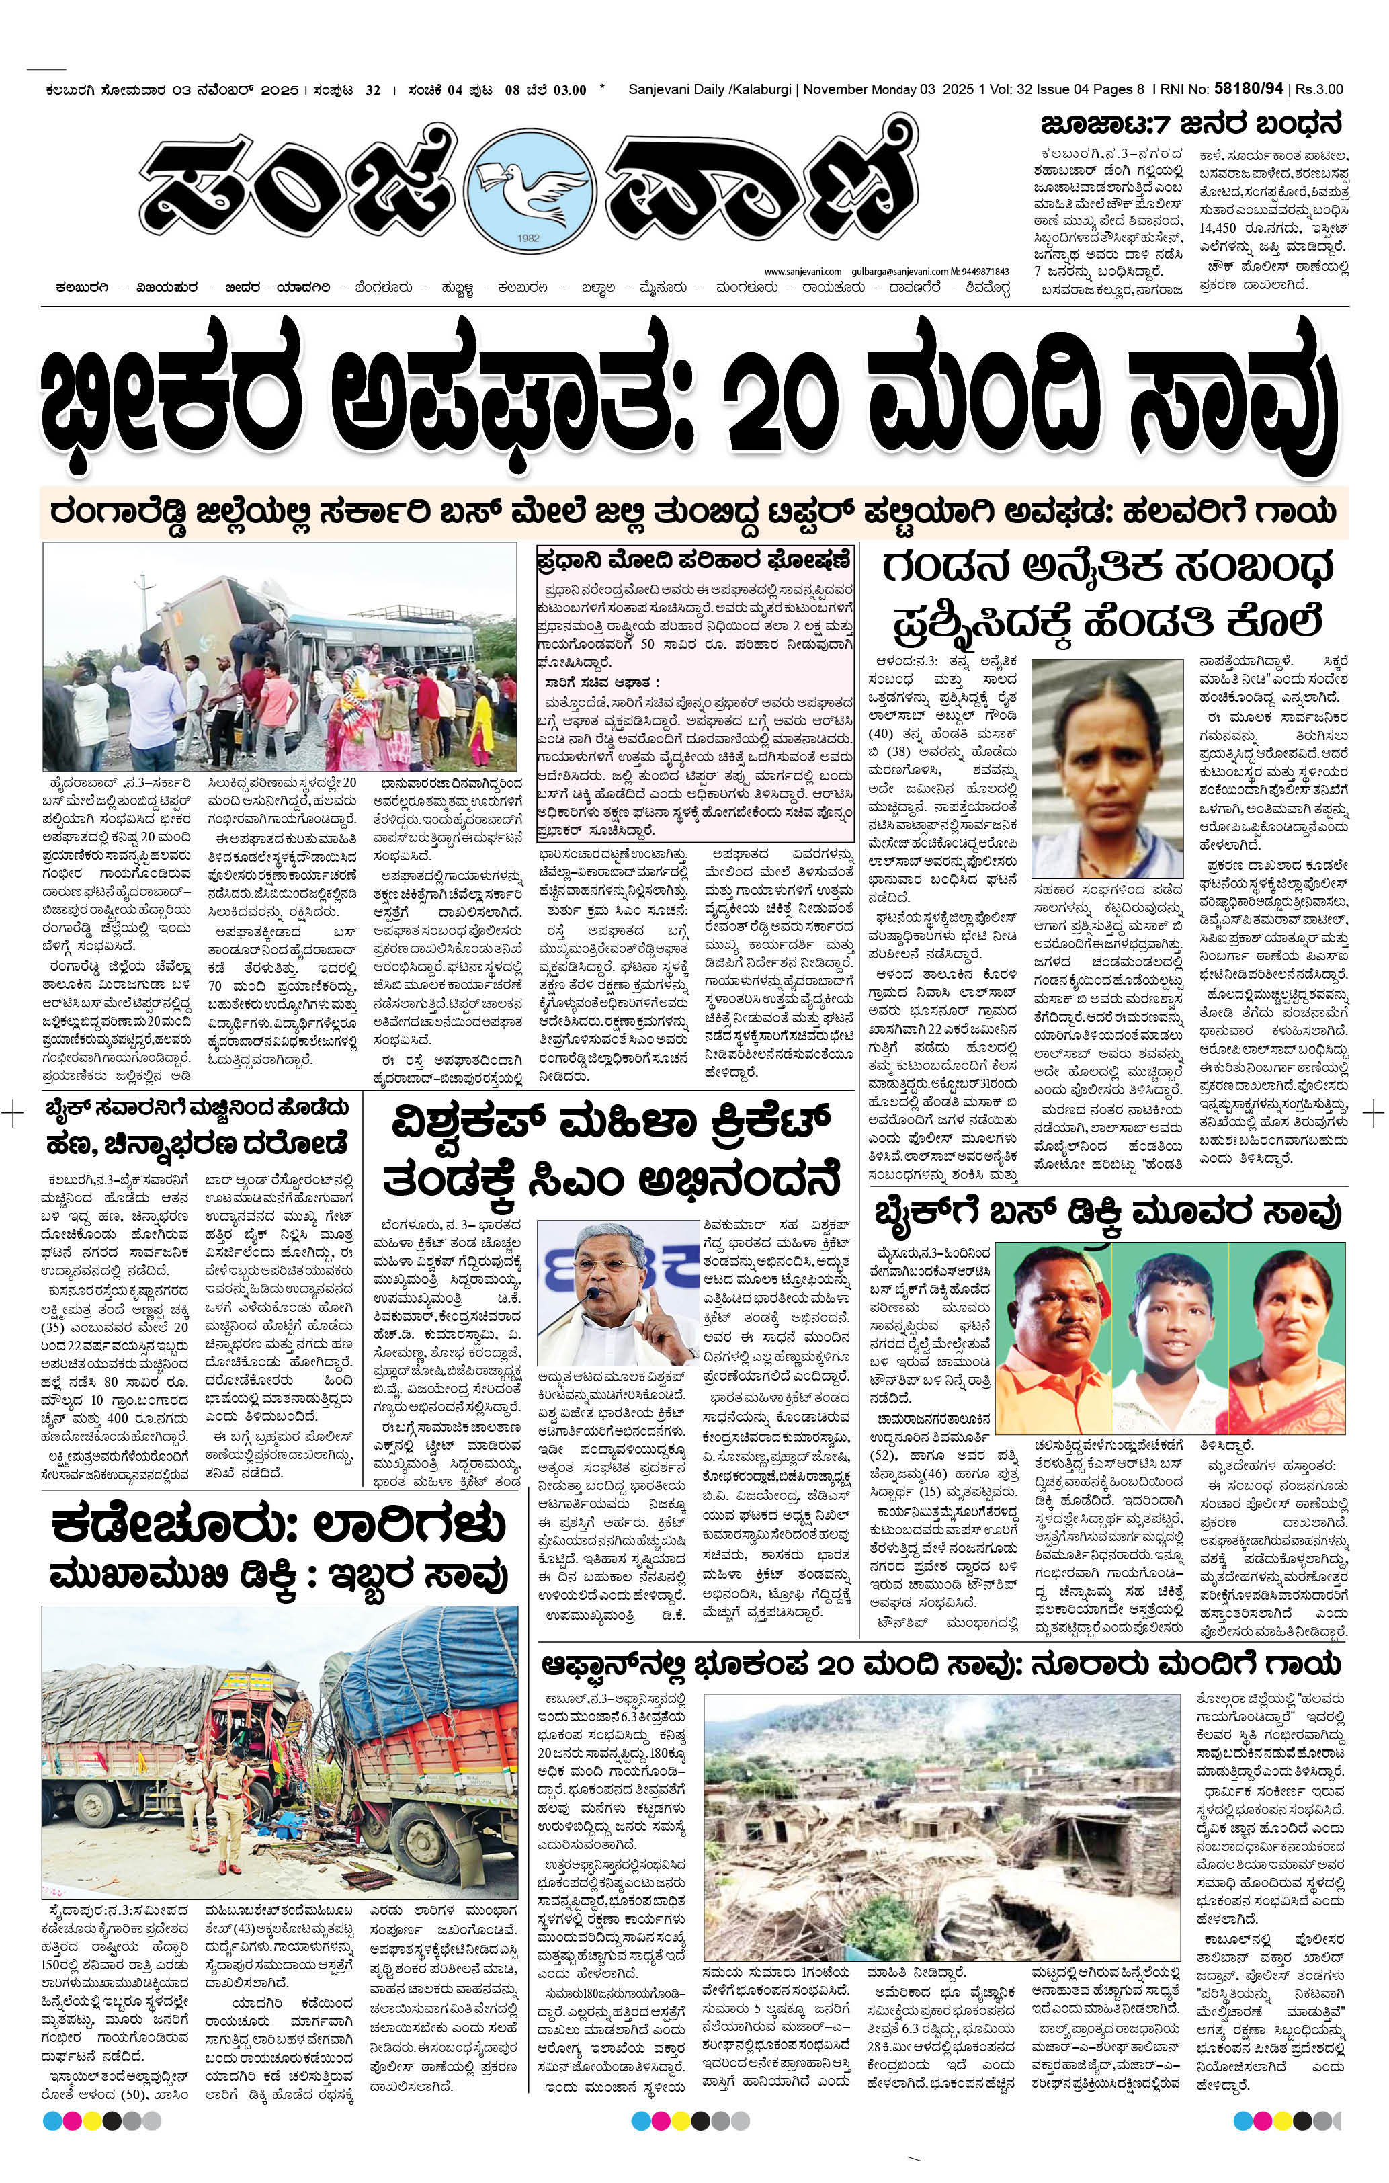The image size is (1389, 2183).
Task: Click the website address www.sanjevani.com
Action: click(803, 271)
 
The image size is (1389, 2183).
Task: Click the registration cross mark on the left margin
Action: click(13, 1112)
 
